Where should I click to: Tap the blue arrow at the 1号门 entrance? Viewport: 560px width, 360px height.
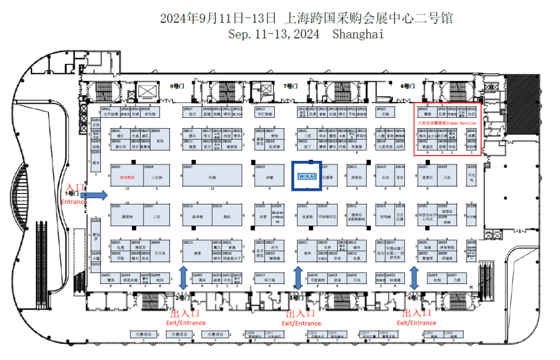click(94, 195)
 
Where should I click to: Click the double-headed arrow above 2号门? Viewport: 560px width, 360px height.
click(183, 278)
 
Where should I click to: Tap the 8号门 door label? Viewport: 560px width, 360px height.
click(177, 86)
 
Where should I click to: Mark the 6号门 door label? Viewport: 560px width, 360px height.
click(409, 86)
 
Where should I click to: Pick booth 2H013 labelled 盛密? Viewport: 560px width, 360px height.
click(197, 253)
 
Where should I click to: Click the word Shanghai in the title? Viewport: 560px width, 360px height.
click(358, 34)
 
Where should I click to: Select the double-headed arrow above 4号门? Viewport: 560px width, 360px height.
click(414, 278)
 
